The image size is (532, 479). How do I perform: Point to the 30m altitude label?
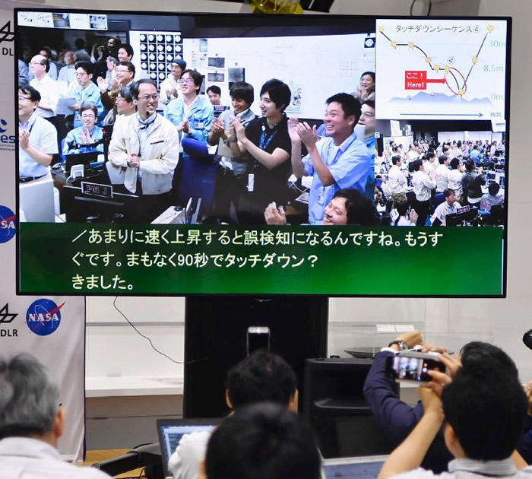495,43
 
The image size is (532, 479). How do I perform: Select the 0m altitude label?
496,97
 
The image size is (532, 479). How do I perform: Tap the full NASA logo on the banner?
45,316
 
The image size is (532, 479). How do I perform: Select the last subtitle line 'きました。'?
103,282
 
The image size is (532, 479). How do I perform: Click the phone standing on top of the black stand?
258,340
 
